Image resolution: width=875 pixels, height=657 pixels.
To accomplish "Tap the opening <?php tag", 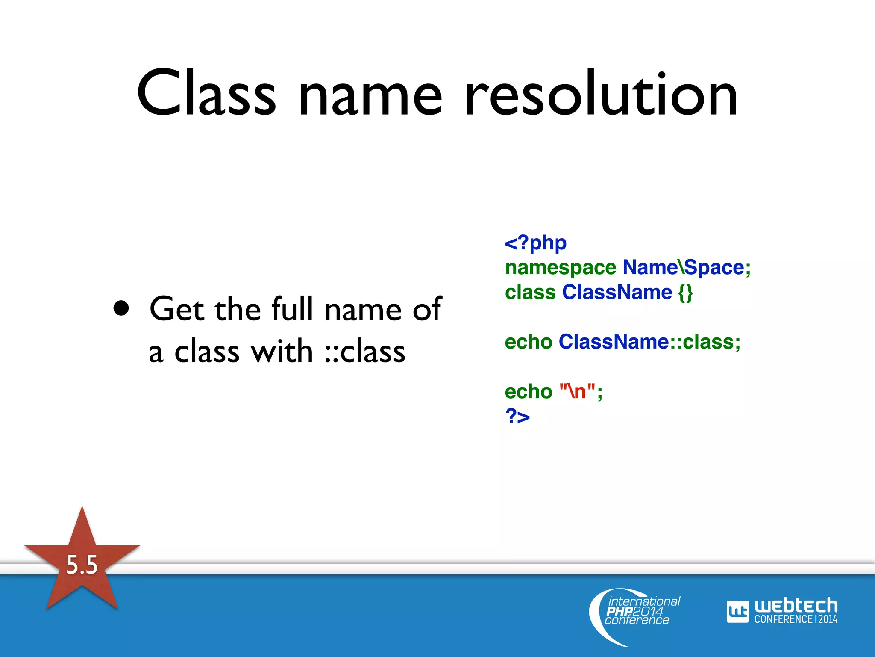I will pos(535,243).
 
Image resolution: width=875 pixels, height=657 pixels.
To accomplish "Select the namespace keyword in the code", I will pos(560,268).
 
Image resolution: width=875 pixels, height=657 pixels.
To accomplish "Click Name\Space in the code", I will pos(683,268).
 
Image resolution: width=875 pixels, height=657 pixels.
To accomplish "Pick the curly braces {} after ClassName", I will pos(685,293).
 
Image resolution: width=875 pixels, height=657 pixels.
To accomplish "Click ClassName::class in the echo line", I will pos(649,342).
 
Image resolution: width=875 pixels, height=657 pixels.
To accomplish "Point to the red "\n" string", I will pos(577,391).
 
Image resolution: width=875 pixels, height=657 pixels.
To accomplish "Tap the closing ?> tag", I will pos(517,416).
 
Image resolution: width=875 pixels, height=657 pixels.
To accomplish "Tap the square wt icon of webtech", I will pos(737,612).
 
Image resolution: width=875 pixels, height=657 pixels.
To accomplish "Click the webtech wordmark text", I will pos(796,606).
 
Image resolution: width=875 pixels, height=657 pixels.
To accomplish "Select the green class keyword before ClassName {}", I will pos(530,293).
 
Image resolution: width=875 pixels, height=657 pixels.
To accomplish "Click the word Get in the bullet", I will pos(176,308).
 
